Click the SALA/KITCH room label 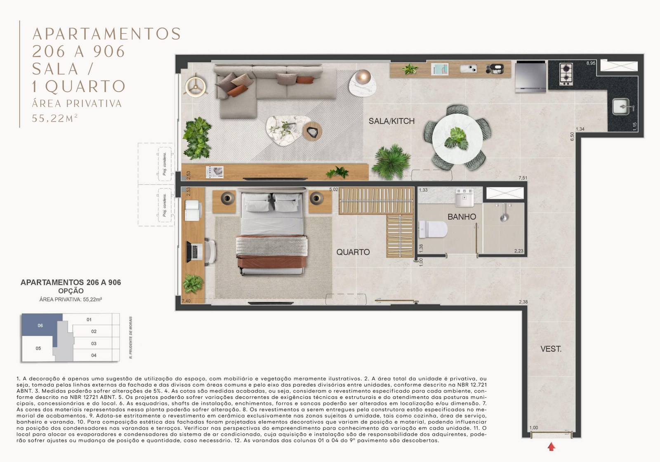pos(391,121)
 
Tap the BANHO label pos(462,217)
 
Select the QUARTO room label pos(353,252)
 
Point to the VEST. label pos(551,349)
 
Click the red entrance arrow pos(551,446)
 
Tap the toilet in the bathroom pos(433,230)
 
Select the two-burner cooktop pos(566,74)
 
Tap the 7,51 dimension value pos(523,178)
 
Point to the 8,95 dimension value pos(591,63)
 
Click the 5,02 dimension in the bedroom pos(333,190)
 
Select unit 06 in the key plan pos(40,325)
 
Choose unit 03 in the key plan pos(94,343)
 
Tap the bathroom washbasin pos(464,198)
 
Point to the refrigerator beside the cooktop pos(530,76)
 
